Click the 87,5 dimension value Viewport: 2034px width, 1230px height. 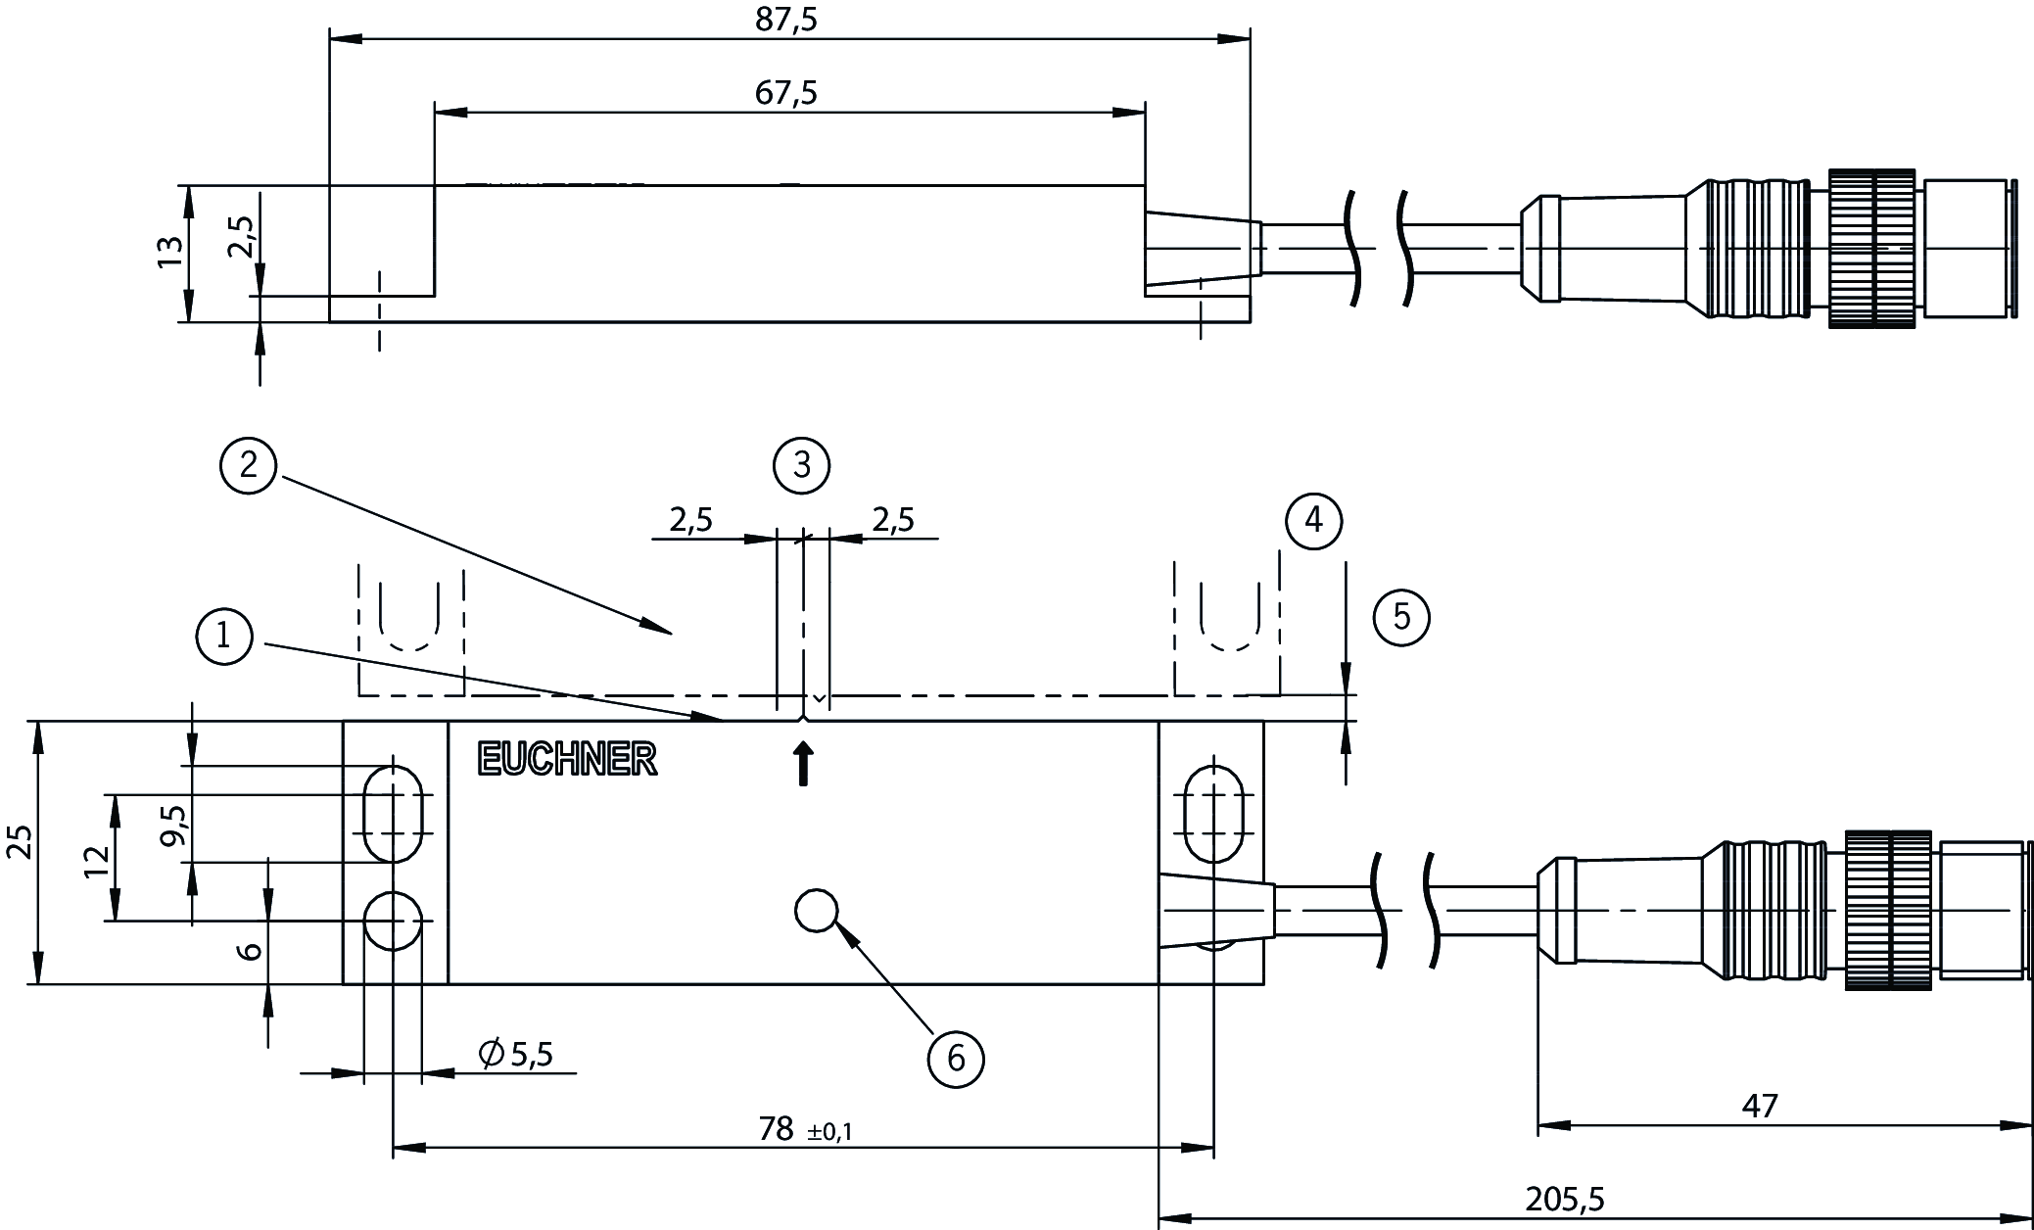[785, 20]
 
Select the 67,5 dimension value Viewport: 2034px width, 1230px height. [785, 93]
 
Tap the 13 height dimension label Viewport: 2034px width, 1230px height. [170, 253]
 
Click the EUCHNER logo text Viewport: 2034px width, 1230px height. [567, 760]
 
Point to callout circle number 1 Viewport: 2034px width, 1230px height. [224, 638]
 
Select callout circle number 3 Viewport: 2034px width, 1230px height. [801, 465]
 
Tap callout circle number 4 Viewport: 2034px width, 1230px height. [1313, 520]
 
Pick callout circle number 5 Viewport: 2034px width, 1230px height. [1401, 617]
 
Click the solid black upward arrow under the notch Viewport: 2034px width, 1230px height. [803, 764]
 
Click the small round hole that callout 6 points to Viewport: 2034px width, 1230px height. [816, 911]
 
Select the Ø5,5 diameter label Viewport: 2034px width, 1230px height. [516, 1054]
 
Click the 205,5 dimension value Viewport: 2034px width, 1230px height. [1564, 1199]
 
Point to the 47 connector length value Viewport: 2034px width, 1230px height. [1759, 1107]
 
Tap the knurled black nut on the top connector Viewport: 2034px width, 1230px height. [1870, 249]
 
